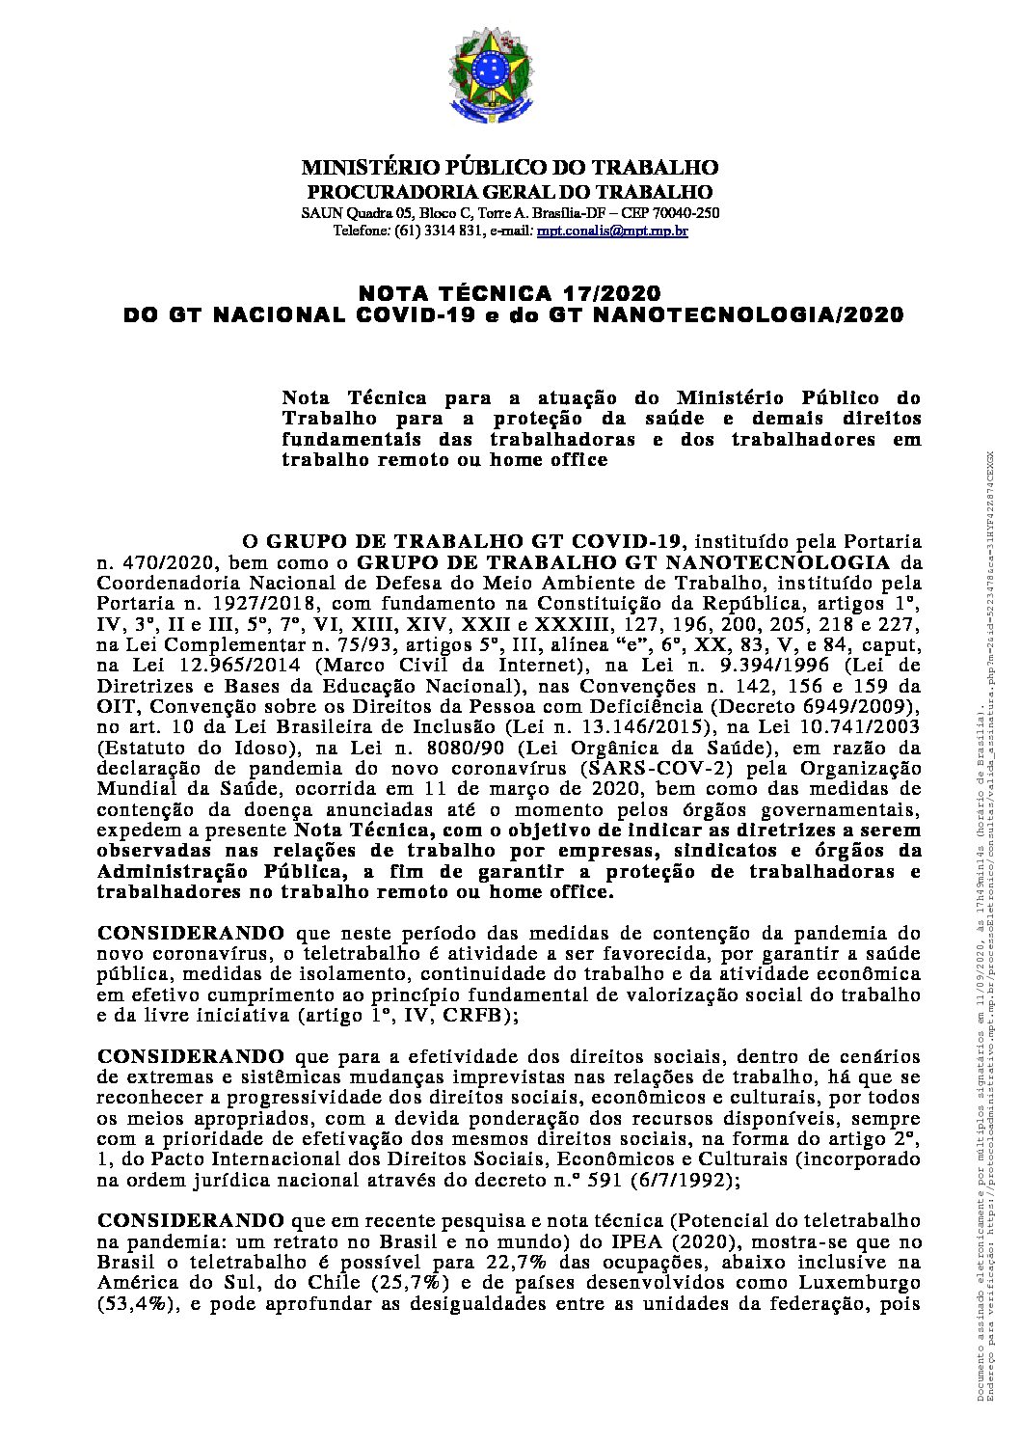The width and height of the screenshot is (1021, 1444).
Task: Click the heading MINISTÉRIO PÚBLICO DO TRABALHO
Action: [x=509, y=168]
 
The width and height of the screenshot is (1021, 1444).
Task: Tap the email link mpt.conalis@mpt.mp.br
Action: [x=613, y=232]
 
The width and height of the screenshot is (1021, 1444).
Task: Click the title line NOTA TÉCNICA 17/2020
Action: [x=510, y=292]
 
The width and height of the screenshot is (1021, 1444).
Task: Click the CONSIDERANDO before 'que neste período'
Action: [x=191, y=933]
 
